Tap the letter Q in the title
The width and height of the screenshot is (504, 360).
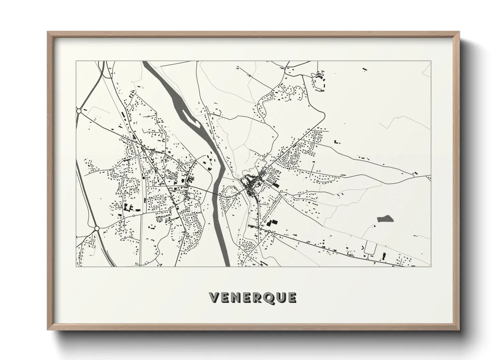(268, 298)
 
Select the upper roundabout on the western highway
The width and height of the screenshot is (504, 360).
(79, 111)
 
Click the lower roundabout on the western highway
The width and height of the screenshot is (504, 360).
(96, 228)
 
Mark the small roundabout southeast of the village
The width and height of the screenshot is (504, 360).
(269, 231)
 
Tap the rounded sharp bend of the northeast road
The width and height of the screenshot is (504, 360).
(322, 112)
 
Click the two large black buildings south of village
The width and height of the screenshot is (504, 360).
(272, 223)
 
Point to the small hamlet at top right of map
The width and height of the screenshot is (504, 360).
(320, 77)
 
